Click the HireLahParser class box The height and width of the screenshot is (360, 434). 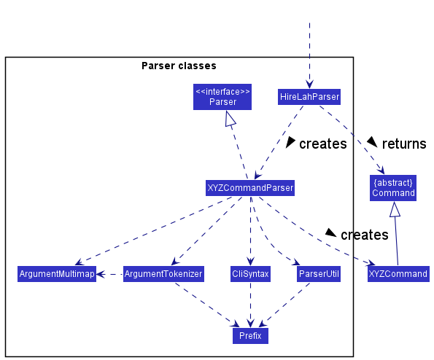309,97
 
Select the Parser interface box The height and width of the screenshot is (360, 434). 222,97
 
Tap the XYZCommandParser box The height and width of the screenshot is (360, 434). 250,188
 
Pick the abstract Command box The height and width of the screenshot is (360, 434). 393,188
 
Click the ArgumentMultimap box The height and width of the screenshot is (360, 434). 57,274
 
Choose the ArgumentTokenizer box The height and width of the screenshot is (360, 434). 163,274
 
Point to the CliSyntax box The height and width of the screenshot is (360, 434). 250,274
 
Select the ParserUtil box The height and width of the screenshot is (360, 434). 319,274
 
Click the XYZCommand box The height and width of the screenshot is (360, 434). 398,274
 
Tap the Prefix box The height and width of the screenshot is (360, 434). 250,336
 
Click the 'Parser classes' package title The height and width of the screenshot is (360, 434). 179,66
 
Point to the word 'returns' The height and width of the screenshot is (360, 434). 404,144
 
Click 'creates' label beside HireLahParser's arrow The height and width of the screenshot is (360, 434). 323,144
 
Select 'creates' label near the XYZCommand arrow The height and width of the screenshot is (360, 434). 365,235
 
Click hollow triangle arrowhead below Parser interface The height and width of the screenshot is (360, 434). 230,119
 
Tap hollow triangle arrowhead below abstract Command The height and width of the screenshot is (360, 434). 395,209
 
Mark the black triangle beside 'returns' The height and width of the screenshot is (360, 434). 372,141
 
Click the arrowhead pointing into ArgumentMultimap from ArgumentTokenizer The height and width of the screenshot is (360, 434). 101,274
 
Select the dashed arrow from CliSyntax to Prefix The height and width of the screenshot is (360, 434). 250,305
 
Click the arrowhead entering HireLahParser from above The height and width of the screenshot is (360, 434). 309,84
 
